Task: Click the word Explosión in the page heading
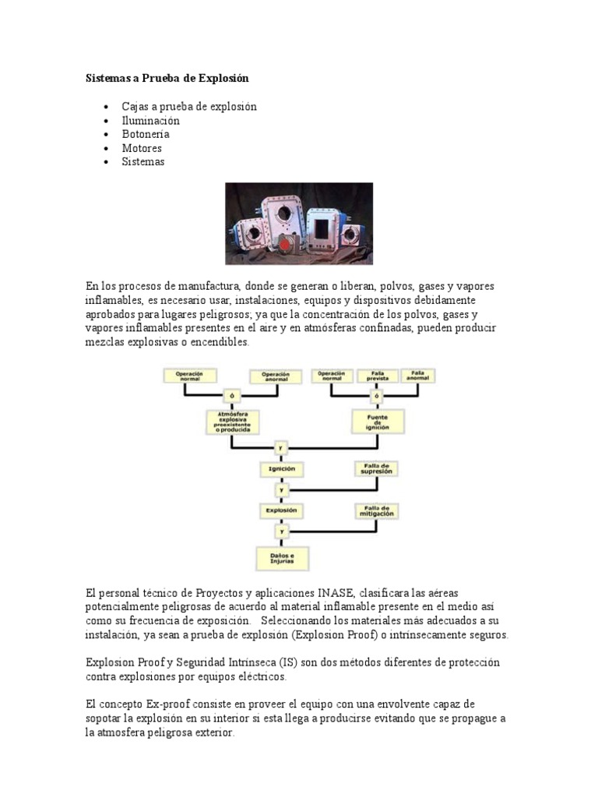point(222,79)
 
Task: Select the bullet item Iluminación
point(150,120)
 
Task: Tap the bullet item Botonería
point(146,134)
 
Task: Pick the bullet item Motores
point(142,148)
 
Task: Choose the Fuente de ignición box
point(377,422)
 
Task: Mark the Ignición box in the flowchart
point(281,469)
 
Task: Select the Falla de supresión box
point(376,469)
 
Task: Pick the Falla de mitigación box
point(376,511)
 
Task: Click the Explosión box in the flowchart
point(281,510)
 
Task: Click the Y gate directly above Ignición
point(281,448)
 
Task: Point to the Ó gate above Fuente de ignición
point(376,396)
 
